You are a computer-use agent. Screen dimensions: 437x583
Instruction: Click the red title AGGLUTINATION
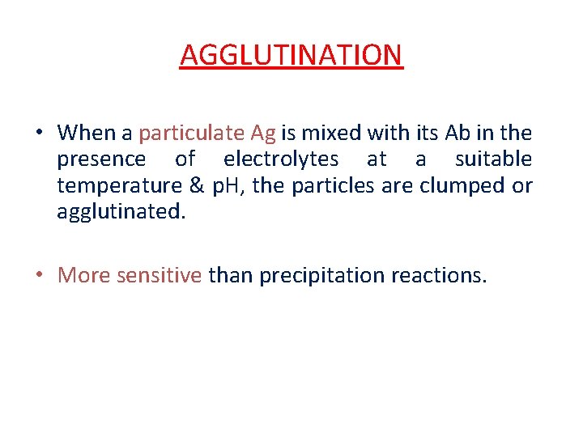(291, 55)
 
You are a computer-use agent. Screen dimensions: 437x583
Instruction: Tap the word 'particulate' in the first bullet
(185, 132)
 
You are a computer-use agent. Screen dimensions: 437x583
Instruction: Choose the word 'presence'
(101, 159)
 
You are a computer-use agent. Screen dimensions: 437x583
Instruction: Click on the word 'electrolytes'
(281, 159)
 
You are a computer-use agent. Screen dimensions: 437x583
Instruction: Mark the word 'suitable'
(493, 159)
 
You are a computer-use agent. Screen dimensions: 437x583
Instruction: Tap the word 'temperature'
(119, 185)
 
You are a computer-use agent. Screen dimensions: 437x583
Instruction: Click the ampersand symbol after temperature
(197, 185)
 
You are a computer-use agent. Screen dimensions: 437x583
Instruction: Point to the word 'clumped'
(457, 185)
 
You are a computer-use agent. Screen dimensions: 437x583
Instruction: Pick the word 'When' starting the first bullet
(87, 132)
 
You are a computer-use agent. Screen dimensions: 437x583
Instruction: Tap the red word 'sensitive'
(159, 275)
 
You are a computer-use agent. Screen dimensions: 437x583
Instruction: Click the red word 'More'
(84, 275)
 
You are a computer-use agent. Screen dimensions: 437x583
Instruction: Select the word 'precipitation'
(313, 275)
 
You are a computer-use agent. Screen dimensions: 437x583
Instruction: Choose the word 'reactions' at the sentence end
(438, 275)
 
